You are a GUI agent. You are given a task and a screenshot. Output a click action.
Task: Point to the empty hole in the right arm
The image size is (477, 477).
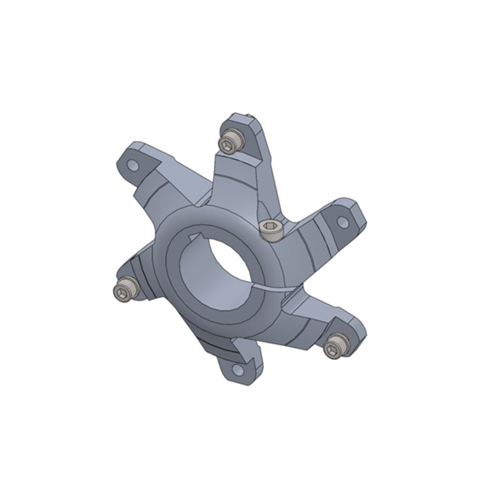(343, 223)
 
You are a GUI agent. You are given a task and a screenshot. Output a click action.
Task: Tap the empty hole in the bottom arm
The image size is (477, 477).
(236, 369)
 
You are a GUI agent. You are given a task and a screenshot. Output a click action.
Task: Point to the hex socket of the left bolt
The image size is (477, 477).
(121, 292)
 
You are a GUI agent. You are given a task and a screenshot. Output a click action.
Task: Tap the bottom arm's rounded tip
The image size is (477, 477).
(238, 379)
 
